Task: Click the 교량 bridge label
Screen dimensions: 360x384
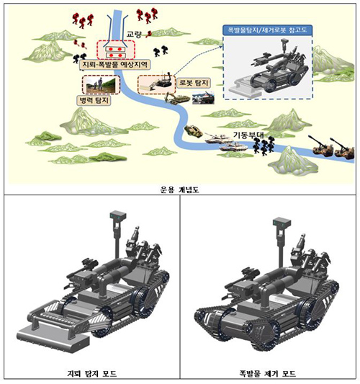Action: coord(134,35)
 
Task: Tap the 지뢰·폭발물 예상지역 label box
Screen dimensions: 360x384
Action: coord(115,65)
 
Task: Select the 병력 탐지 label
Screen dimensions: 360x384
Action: coord(94,100)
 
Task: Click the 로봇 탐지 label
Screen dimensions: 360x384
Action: coord(194,83)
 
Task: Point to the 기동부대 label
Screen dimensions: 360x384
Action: coord(248,135)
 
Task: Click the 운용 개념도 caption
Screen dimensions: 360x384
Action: coord(179,189)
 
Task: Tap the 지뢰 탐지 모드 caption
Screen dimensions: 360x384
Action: coord(92,373)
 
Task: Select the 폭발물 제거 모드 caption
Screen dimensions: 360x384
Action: coord(268,373)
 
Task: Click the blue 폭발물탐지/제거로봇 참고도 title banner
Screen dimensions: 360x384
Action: coord(268,30)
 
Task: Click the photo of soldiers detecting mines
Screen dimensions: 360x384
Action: coord(101,85)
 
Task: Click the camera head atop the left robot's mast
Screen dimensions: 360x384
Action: coord(118,216)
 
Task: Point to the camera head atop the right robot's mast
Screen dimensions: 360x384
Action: coord(282,223)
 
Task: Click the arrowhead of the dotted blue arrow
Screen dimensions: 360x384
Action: coord(221,46)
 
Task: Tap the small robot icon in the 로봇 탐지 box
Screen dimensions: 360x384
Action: coord(164,81)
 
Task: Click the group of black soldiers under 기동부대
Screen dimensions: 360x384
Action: coord(264,146)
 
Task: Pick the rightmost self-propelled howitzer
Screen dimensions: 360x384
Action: coord(342,148)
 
